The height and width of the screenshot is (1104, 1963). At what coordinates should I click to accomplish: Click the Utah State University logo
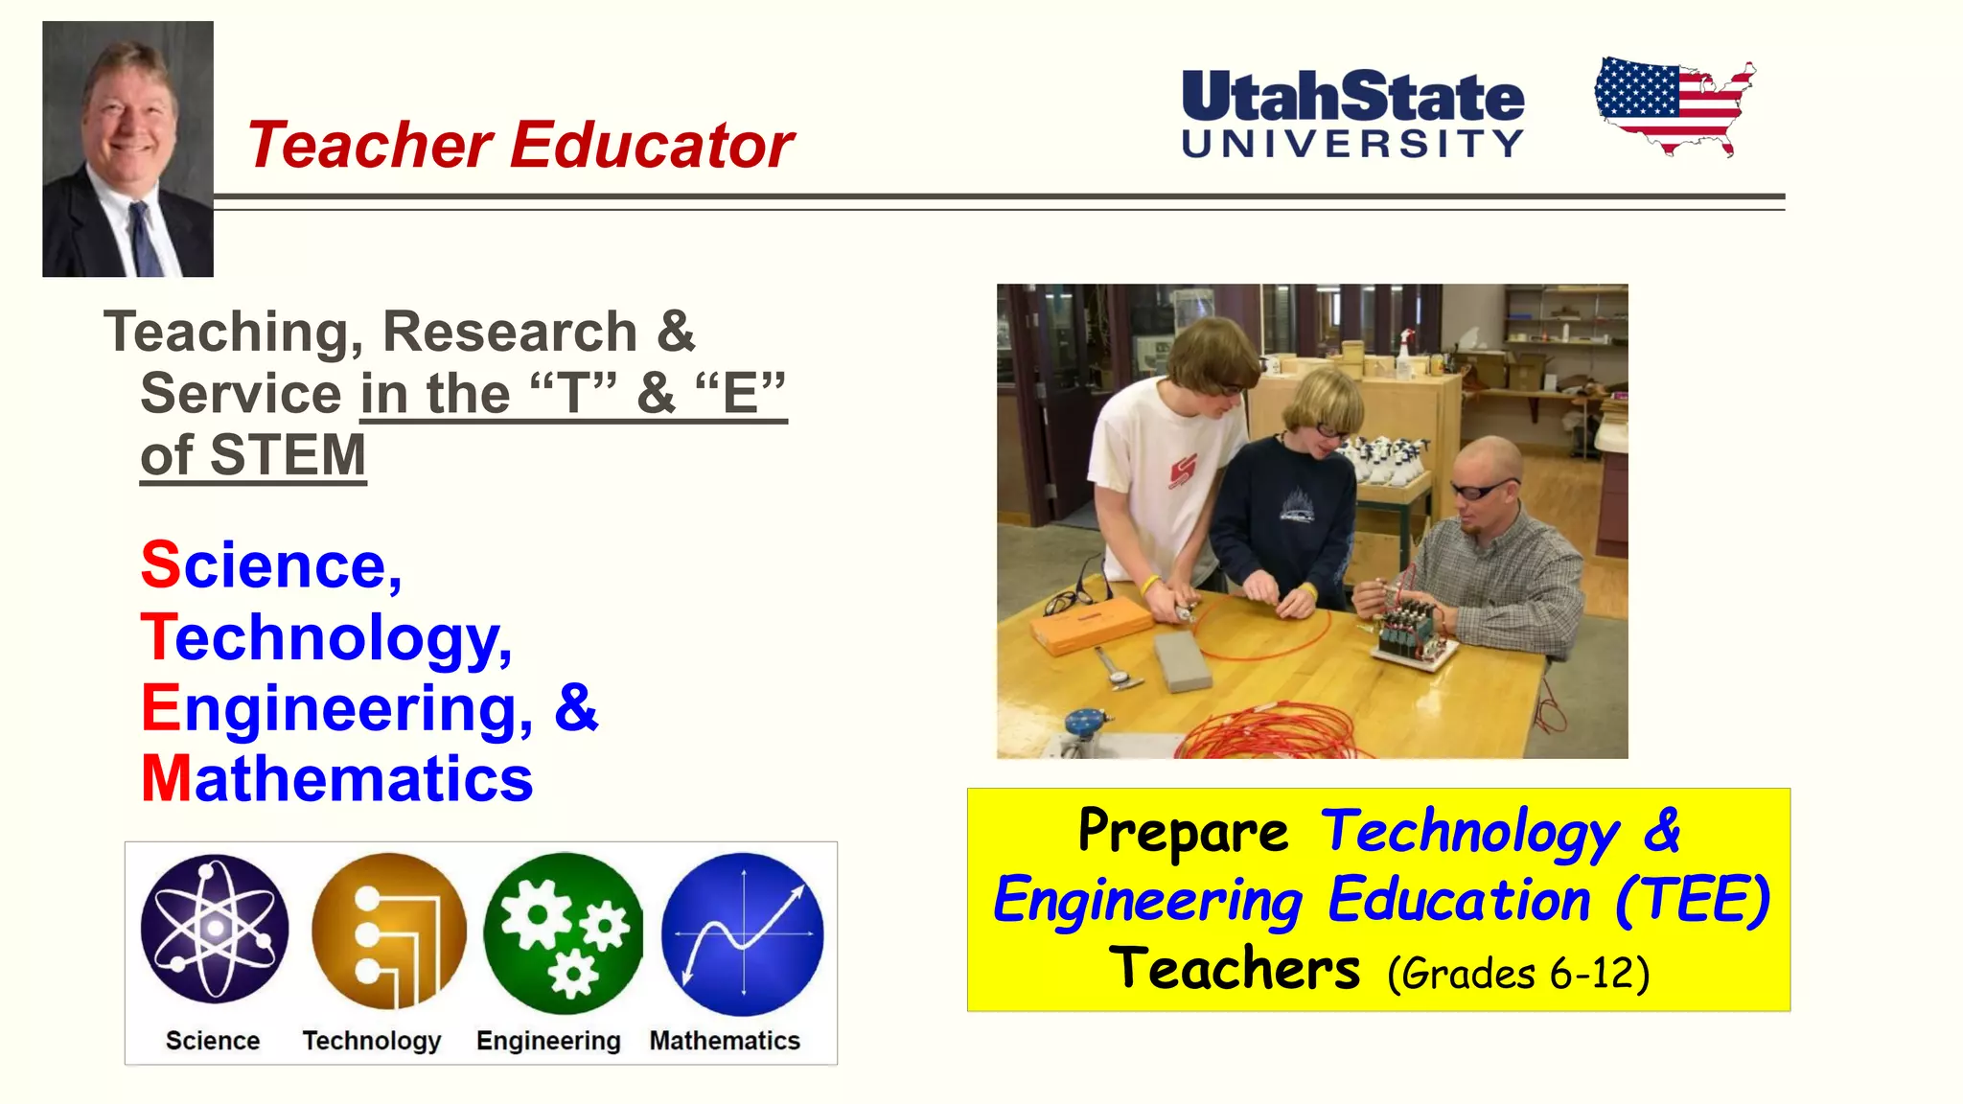[1352, 113]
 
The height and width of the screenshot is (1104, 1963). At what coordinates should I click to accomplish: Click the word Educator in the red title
[652, 146]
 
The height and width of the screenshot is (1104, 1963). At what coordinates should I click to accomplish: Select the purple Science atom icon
[215, 928]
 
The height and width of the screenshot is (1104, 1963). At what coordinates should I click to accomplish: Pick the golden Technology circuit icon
[388, 931]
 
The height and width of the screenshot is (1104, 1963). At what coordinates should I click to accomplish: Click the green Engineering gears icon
[564, 932]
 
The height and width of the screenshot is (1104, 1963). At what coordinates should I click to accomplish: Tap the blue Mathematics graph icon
[742, 933]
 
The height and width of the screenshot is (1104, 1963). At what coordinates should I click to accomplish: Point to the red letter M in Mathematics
[166, 778]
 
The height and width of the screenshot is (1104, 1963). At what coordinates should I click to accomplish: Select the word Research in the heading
[510, 332]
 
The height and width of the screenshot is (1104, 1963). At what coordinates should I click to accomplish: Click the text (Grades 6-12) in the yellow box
[1518, 974]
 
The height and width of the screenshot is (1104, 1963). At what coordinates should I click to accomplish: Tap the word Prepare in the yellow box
[1183, 831]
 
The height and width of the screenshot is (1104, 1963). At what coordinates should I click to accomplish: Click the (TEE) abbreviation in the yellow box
[1692, 900]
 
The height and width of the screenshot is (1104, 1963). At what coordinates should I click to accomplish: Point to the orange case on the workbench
[1091, 628]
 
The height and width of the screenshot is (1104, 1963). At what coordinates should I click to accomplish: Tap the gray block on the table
[1183, 662]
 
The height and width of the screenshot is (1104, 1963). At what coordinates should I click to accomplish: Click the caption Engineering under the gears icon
[548, 1041]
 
